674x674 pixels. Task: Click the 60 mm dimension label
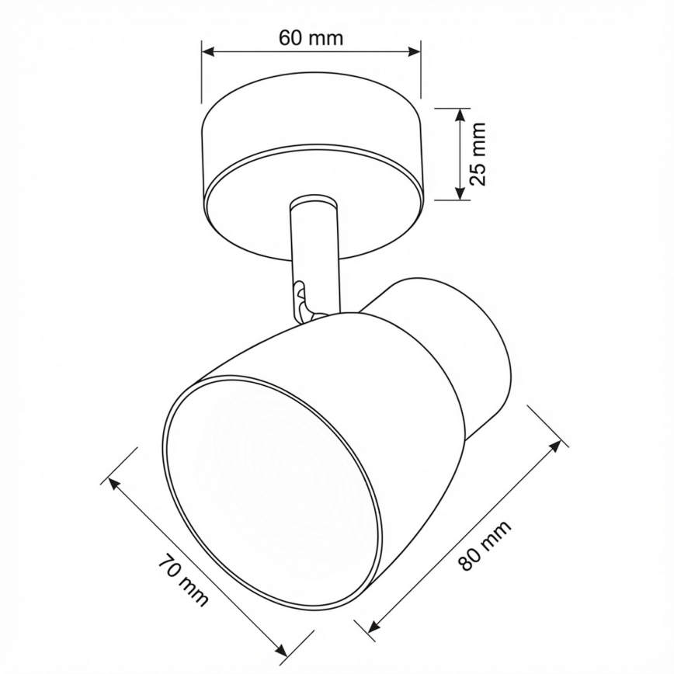(311, 37)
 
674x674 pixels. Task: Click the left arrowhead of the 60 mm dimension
(207, 52)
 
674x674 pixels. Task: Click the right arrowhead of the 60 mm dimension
(415, 52)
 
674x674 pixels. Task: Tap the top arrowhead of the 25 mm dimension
(460, 113)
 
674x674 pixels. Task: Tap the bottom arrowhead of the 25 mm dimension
(460, 194)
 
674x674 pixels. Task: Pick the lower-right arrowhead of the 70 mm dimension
(282, 651)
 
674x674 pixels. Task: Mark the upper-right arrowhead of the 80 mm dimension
(555, 445)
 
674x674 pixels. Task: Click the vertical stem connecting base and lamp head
(314, 248)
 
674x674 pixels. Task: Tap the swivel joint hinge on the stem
(302, 300)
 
